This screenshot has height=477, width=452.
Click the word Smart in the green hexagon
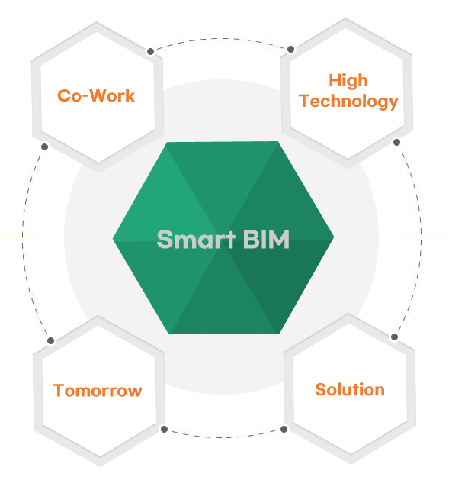196,239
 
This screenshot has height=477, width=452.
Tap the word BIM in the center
266,239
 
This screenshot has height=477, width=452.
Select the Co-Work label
96,95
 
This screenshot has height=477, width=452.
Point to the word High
348,81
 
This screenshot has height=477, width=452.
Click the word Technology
348,101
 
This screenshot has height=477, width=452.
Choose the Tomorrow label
98,390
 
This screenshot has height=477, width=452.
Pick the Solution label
350,389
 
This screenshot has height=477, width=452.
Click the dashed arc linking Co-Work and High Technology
220,39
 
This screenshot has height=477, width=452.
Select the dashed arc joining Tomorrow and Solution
224,437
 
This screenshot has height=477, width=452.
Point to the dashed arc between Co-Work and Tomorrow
23,240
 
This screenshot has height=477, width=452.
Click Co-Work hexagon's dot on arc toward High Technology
150,51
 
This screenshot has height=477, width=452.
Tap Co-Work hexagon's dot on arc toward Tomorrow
45,147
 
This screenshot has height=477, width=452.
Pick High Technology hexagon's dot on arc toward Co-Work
290,50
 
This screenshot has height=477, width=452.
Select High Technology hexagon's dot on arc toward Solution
396,142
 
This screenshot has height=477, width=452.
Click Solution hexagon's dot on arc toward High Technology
394,337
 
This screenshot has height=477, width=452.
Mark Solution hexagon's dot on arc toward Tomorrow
284,429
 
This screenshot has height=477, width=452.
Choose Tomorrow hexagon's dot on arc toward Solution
164,429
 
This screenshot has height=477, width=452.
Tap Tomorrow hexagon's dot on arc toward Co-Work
51,340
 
